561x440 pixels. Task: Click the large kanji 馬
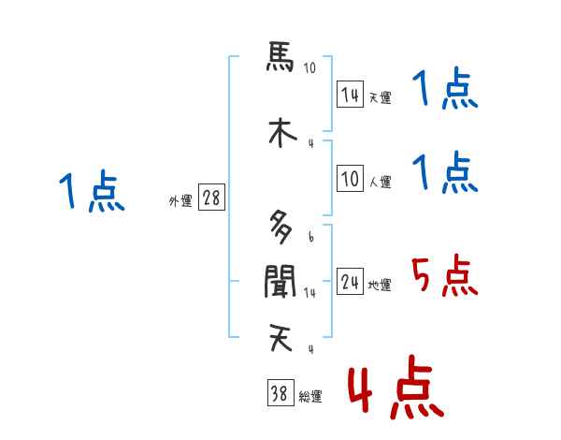click(280, 58)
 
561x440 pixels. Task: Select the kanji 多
click(280, 226)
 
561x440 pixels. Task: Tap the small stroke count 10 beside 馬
click(310, 68)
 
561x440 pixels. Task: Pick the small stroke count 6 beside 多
click(310, 236)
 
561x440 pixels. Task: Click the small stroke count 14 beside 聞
click(310, 292)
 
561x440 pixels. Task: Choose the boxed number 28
click(211, 198)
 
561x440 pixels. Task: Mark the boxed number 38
click(278, 394)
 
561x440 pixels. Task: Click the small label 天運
click(380, 97)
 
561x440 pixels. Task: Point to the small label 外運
click(180, 200)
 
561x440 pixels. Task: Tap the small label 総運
click(309, 397)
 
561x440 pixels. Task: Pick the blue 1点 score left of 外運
click(91, 192)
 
